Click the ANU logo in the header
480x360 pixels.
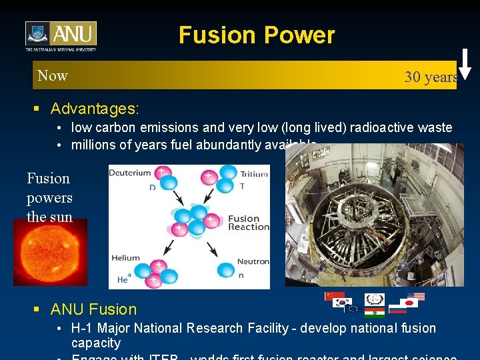[61, 36]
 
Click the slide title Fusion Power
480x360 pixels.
[257, 35]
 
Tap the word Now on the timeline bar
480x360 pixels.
[53, 75]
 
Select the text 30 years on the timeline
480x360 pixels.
[431, 77]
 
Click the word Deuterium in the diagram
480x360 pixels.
[130, 173]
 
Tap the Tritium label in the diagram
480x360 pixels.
[254, 174]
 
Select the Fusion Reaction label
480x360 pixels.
[248, 223]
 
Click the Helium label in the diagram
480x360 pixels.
[125, 258]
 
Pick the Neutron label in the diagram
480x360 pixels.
[253, 261]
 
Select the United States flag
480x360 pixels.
[415, 297]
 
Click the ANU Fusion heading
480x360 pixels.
[93, 309]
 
